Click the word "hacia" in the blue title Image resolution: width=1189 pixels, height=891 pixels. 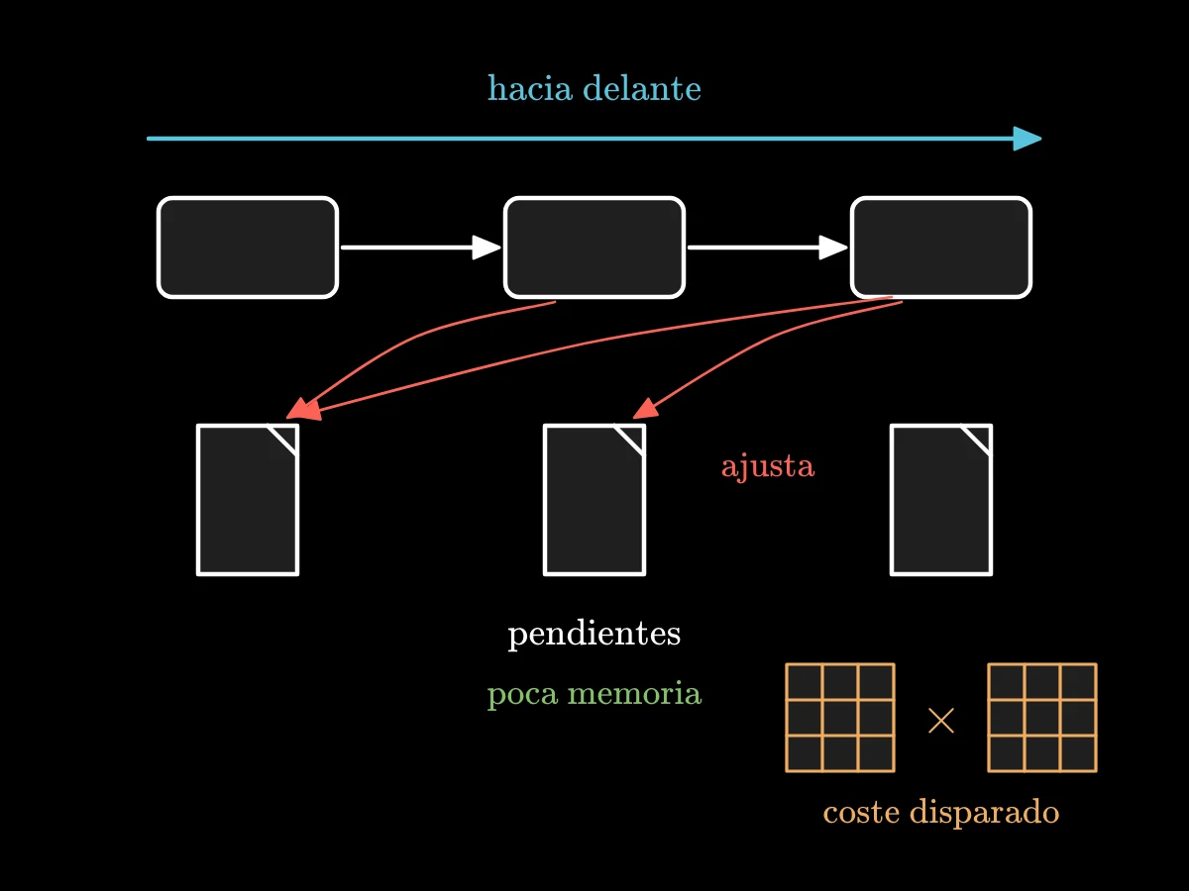coord(530,88)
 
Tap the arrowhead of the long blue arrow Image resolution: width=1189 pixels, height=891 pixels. coord(1027,139)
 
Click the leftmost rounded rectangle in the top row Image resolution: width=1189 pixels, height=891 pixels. coord(248,247)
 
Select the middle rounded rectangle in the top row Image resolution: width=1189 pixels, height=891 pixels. coord(594,247)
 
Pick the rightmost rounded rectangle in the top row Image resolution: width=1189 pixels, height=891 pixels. coord(941,247)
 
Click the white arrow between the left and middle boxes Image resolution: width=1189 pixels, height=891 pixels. coord(421,247)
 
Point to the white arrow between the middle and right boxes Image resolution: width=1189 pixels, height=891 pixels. coord(768,247)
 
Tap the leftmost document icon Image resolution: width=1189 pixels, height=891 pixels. coord(248,500)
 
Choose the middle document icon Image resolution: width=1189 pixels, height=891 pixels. coord(594,500)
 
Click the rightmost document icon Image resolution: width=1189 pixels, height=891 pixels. coord(941,500)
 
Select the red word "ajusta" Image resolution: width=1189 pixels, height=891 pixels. coord(768,466)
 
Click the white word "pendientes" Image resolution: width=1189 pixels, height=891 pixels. coord(594,634)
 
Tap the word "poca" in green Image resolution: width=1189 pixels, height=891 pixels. coord(522,695)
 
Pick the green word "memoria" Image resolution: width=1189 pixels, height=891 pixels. coord(634,693)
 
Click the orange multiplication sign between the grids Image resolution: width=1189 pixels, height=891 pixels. coord(941,721)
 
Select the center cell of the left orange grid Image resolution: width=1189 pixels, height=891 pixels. coord(840,718)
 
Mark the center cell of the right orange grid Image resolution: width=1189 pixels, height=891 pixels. coord(1042,718)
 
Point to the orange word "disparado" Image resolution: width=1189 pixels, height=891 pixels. coord(984,812)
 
